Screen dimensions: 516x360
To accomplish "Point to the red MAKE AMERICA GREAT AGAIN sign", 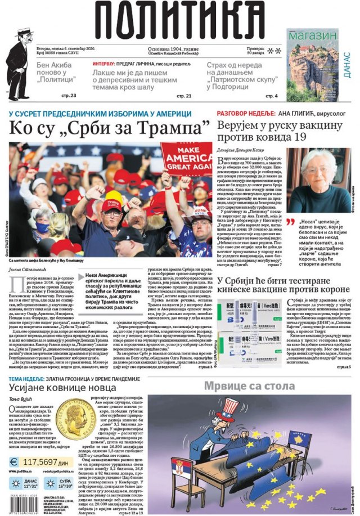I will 187,160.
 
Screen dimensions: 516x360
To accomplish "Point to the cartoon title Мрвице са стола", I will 249,386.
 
